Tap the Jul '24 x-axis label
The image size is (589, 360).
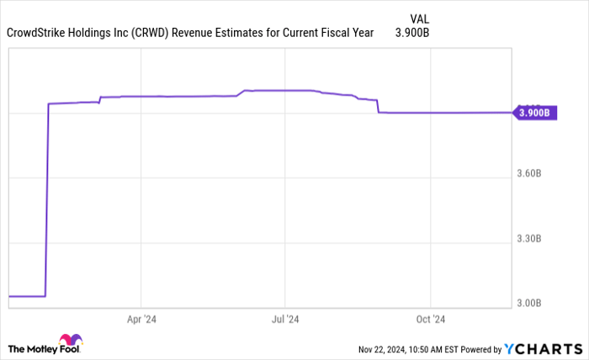[x=285, y=320]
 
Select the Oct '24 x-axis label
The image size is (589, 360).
[x=430, y=320]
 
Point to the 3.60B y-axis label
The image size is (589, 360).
[x=533, y=174]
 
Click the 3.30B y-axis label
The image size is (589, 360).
[x=533, y=240]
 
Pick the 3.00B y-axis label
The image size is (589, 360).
[x=533, y=303]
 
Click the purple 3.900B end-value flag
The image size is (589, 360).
[x=535, y=113]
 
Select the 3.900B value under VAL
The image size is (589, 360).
[x=412, y=34]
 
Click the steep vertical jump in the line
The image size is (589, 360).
[x=47, y=202]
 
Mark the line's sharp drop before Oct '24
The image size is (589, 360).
[x=378, y=106]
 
